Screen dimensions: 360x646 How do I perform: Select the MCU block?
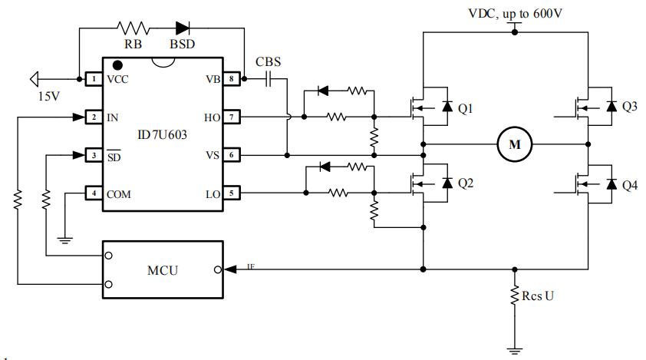(163, 270)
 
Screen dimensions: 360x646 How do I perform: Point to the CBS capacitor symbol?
(269, 78)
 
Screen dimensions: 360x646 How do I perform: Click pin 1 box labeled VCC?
(93, 78)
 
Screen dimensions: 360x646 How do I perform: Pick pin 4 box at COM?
(93, 193)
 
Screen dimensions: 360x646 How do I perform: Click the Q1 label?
(466, 109)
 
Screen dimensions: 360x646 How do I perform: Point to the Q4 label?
(629, 185)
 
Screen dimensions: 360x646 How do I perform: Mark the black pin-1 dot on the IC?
(117, 66)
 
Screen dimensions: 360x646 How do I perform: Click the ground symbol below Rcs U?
(515, 351)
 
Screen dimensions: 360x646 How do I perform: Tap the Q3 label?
(629, 107)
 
